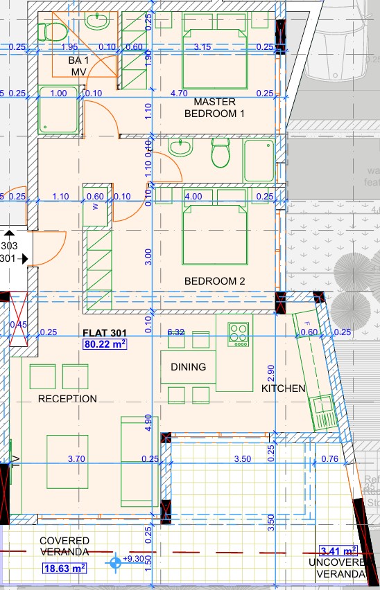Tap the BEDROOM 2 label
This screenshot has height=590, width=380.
[214, 281]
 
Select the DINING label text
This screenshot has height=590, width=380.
[188, 367]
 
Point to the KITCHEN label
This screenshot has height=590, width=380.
[283, 388]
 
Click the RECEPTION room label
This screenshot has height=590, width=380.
[67, 398]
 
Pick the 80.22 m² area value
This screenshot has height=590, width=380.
[105, 343]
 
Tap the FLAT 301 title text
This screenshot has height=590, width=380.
[104, 332]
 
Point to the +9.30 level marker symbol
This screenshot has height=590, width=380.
[116, 564]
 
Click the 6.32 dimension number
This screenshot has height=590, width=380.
[177, 332]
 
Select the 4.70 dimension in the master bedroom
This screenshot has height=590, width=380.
[179, 93]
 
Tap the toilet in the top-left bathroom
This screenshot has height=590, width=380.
[50, 31]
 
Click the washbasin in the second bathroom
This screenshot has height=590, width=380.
[180, 148]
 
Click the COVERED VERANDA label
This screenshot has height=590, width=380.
[64, 546]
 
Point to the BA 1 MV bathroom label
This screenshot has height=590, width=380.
[78, 66]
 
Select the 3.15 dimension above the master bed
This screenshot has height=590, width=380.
[203, 47]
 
